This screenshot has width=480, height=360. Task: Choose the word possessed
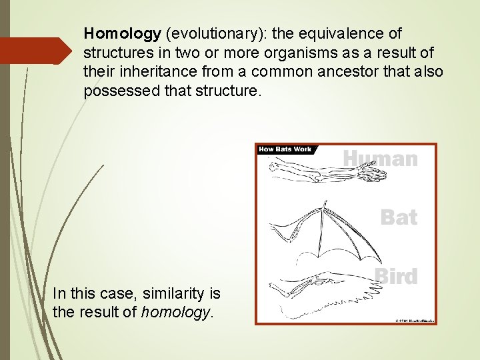tap(121, 91)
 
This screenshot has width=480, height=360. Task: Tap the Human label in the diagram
tap(381, 159)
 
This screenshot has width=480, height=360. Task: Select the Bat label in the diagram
tap(398, 217)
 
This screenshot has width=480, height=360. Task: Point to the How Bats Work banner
tap(285, 149)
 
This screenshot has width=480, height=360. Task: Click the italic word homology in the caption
tap(176, 311)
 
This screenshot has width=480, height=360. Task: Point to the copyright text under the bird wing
tap(415, 321)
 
